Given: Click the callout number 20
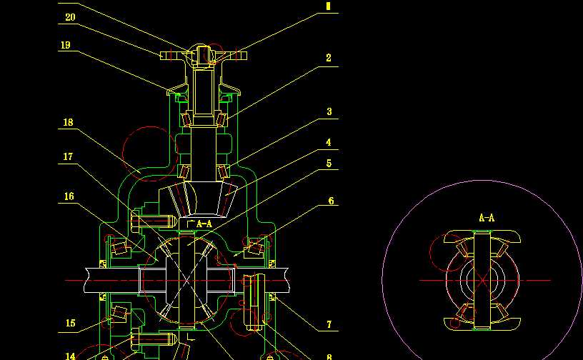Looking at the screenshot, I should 70,17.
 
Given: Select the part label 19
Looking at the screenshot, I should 65,45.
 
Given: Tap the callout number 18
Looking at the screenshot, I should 68,122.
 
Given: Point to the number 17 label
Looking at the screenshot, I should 68,156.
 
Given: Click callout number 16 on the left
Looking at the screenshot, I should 69,196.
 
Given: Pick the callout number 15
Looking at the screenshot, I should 70,324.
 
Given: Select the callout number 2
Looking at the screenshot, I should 329,58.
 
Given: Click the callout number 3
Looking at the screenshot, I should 329,111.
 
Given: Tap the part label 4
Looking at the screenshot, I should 329,142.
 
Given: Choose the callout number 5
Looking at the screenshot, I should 329,164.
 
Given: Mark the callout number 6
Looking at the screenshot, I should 331,201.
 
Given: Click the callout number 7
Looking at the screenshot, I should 329,324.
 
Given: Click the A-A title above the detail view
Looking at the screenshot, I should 487,218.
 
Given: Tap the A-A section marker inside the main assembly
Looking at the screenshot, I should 203,224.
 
